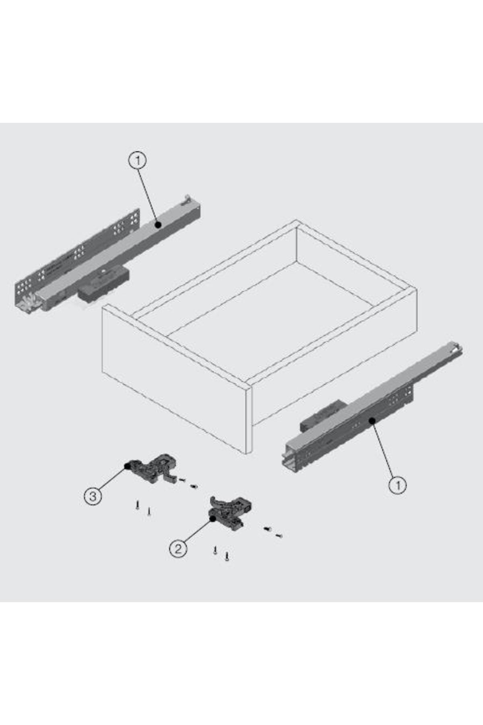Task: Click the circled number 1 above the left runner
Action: point(138,161)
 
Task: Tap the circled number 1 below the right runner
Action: point(398,485)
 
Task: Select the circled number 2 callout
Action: point(178,549)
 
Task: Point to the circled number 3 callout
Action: point(93,496)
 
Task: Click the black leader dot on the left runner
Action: point(158,225)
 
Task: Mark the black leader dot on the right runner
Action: point(372,420)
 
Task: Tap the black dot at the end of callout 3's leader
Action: point(127,466)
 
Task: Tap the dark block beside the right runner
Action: point(322,417)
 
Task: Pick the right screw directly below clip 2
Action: point(227,557)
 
